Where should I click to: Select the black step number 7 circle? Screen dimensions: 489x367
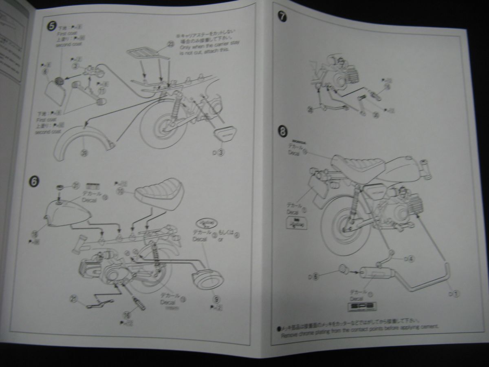click(282, 16)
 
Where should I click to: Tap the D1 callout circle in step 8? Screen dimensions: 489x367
click(456, 292)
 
